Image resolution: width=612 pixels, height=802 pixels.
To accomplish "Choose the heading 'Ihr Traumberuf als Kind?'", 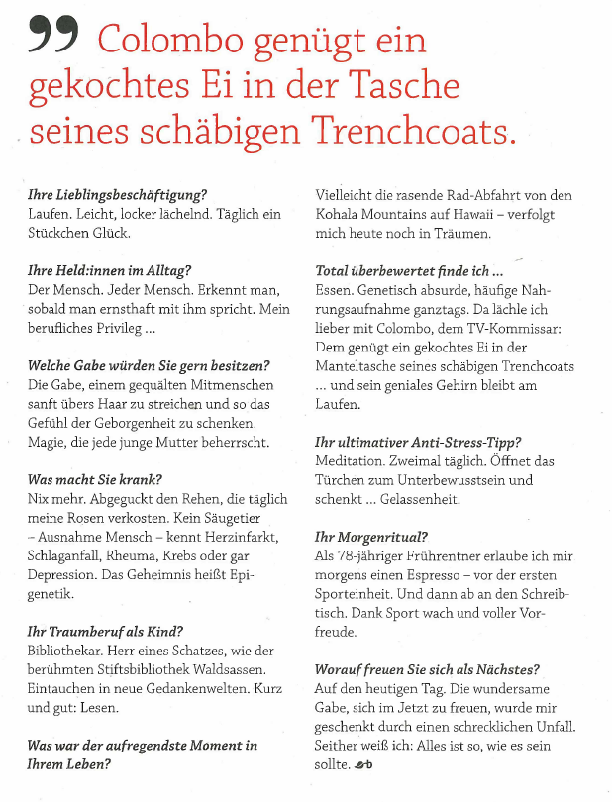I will click(106, 631).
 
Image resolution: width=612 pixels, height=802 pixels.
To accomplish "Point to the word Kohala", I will click(340, 214).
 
